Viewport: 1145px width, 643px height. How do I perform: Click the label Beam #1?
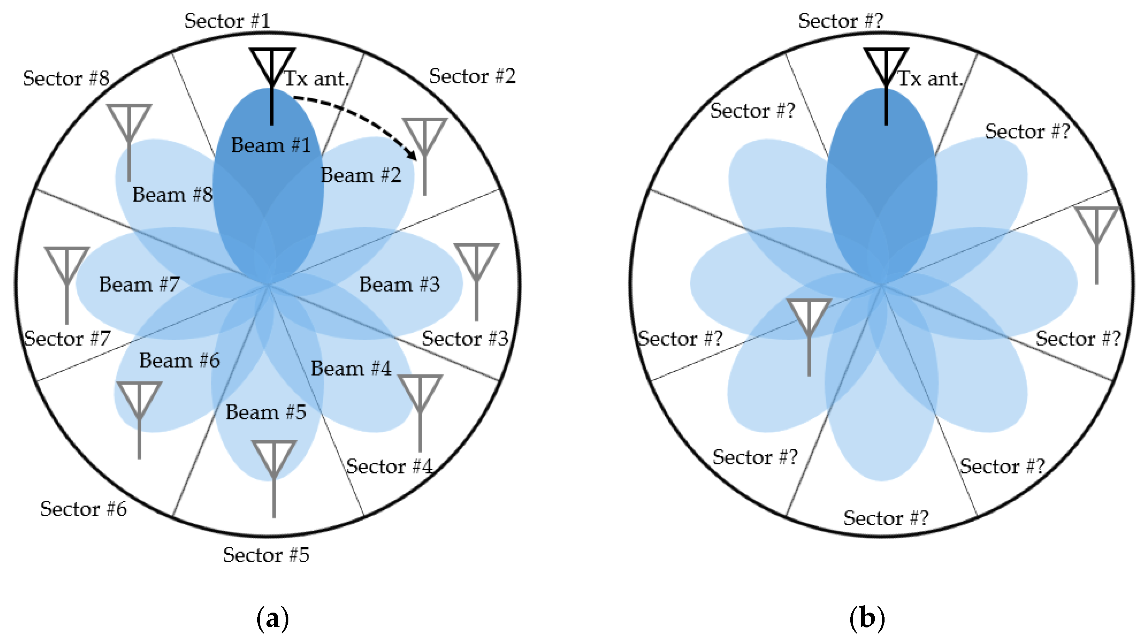pyautogui.click(x=271, y=145)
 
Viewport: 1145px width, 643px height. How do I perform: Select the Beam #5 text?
pyautogui.click(x=266, y=412)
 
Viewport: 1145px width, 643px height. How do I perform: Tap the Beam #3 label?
pyautogui.click(x=399, y=285)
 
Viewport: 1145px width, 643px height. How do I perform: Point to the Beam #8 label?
pyautogui.click(x=172, y=195)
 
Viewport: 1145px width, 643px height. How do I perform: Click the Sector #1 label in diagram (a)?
pyautogui.click(x=227, y=21)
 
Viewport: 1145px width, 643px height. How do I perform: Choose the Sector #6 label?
pyautogui.click(x=83, y=509)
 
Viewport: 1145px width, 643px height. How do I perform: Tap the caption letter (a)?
pyautogui.click(x=272, y=619)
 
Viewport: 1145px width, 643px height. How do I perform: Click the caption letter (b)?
pyautogui.click(x=867, y=619)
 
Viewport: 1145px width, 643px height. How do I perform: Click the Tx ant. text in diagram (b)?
pyautogui.click(x=930, y=79)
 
